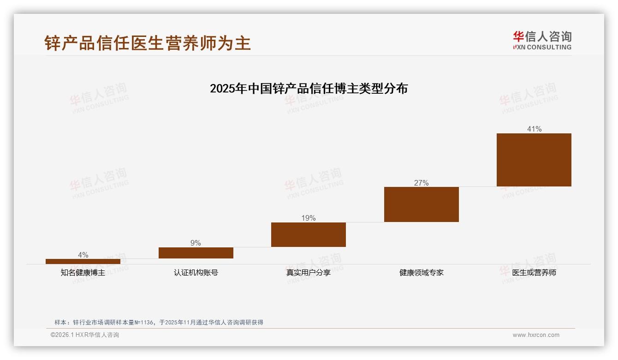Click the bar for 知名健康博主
[83, 261]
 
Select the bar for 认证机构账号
[196, 253]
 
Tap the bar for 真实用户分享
[309, 234]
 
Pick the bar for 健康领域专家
[422, 204]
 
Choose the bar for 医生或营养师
[534, 160]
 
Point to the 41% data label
[534, 129]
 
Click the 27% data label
[422, 183]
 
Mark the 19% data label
[309, 218]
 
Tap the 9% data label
[196, 243]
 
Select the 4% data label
[83, 255]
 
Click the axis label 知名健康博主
[83, 273]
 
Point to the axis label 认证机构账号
[196, 273]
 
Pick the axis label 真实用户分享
[309, 273]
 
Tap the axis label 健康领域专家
[422, 273]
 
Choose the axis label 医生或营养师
[534, 273]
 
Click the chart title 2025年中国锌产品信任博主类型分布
[309, 89]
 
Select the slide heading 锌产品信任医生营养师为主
[148, 43]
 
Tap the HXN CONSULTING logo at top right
[542, 41]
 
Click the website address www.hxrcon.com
[536, 335]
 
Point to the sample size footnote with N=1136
[159, 323]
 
